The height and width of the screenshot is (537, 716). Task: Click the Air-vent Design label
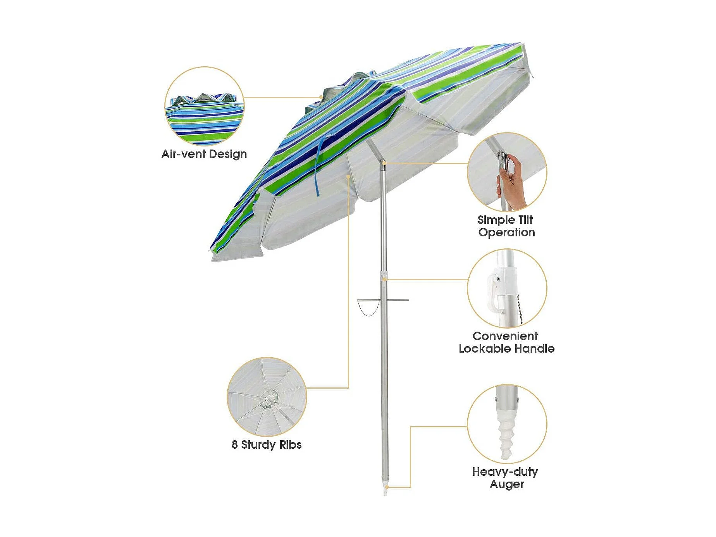204,154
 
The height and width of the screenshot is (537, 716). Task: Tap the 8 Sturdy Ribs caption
267,444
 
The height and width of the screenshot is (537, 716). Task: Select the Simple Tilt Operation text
506,226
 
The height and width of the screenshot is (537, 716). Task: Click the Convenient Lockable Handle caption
506,342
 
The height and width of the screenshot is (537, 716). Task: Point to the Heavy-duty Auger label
506,478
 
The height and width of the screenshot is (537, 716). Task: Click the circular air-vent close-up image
204,106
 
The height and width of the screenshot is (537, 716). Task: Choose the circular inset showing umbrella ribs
267,396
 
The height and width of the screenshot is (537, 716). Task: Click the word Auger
507,484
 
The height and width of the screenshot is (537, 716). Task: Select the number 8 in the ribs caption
234,444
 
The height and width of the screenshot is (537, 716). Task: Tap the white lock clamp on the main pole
384,276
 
